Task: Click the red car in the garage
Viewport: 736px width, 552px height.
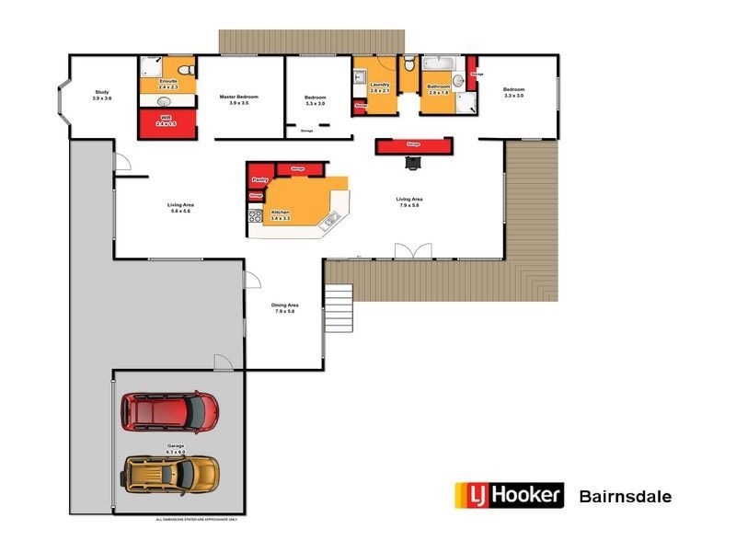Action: pyautogui.click(x=171, y=412)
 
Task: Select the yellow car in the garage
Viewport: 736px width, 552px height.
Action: pyautogui.click(x=171, y=473)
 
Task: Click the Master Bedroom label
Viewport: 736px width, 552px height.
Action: pyautogui.click(x=238, y=97)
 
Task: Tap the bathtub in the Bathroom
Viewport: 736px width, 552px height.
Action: pyautogui.click(x=439, y=63)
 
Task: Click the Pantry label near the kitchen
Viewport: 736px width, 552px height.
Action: pyautogui.click(x=259, y=180)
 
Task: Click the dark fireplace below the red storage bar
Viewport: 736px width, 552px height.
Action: pyautogui.click(x=414, y=163)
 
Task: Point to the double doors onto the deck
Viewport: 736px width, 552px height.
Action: pyautogui.click(x=411, y=251)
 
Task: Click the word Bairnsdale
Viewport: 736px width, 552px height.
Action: pyautogui.click(x=626, y=497)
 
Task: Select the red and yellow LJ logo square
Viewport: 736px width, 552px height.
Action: pyautogui.click(x=470, y=496)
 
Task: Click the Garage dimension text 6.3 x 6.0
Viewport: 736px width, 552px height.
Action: pyautogui.click(x=175, y=452)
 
